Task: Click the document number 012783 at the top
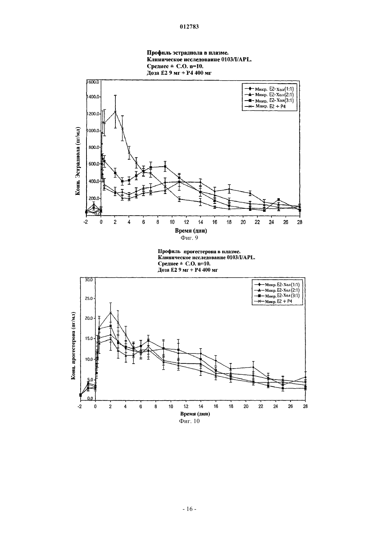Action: [x=189, y=27]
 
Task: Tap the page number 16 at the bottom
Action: [x=189, y=509]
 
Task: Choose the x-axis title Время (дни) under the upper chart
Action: [x=191, y=231]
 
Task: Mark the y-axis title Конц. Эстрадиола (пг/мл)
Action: [x=78, y=161]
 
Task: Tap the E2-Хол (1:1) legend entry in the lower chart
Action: [x=277, y=285]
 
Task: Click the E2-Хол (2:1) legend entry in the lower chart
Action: [x=277, y=290]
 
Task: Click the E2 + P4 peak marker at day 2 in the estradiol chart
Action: [x=115, y=112]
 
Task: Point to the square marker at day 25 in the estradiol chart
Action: [x=278, y=199]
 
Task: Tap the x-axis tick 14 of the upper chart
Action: [x=201, y=222]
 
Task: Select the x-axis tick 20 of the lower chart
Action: [x=246, y=406]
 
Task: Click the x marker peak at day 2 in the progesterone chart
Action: [x=111, y=313]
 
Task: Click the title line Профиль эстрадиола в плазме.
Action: [x=186, y=53]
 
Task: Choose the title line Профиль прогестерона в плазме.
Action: [x=199, y=251]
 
